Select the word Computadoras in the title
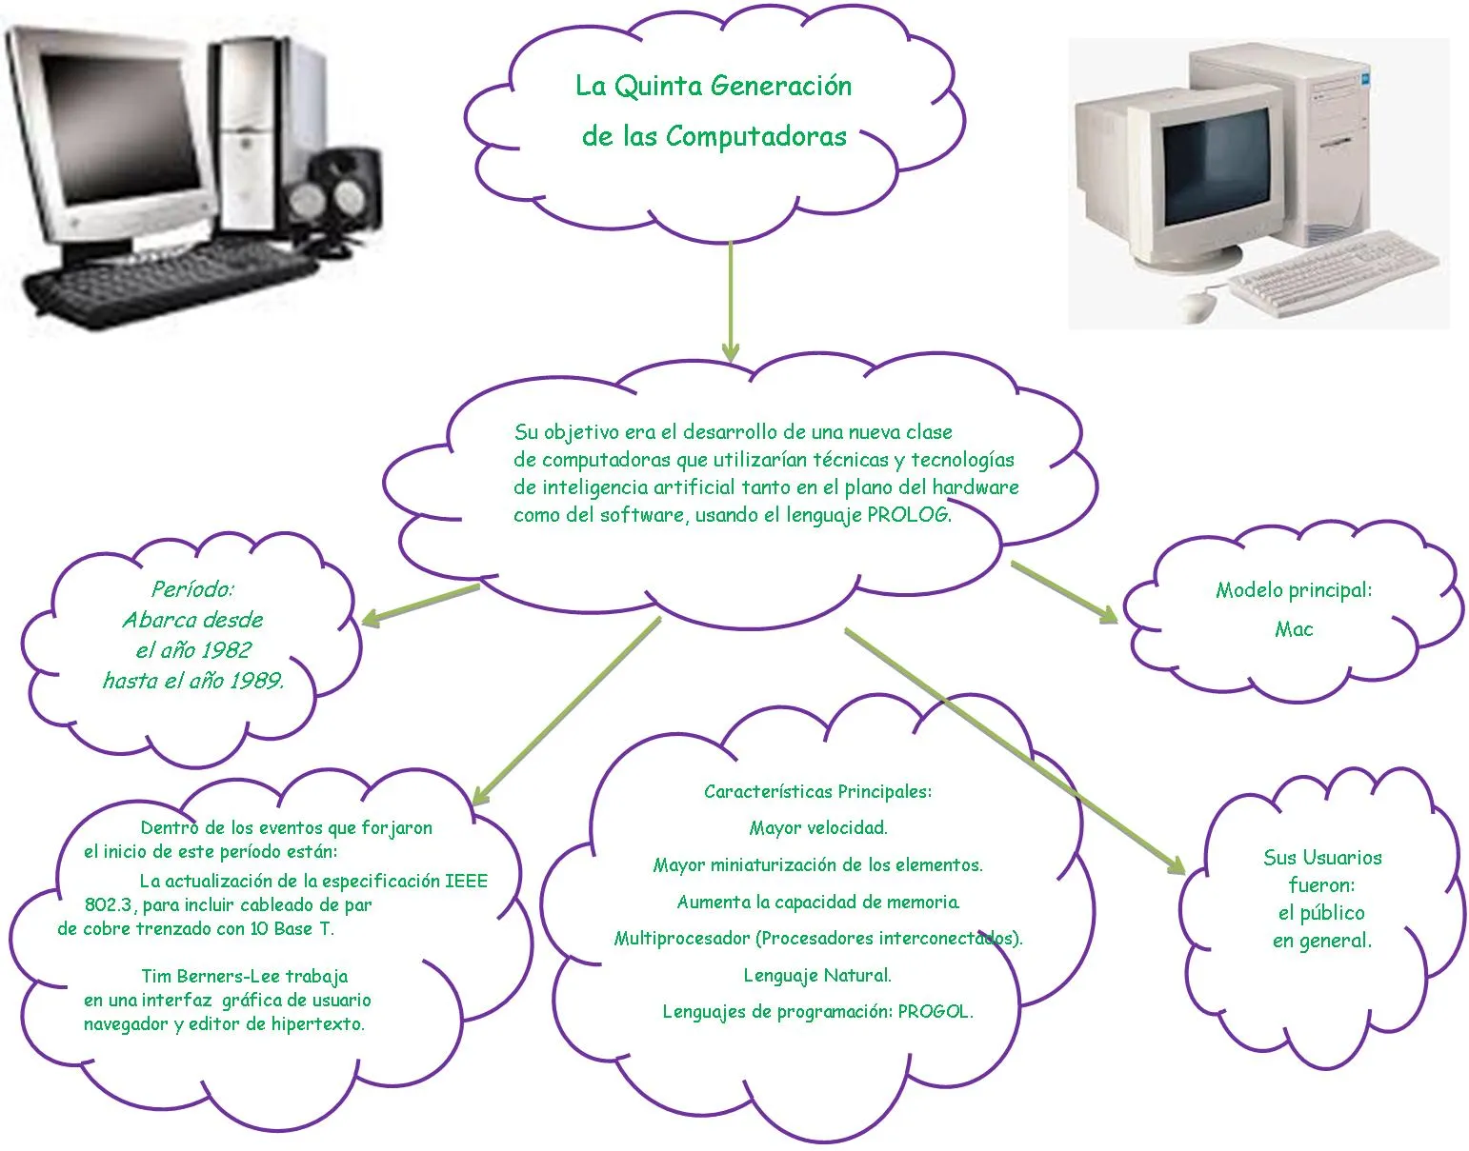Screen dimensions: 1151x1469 click(x=755, y=137)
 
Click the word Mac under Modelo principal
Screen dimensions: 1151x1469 click(x=1293, y=629)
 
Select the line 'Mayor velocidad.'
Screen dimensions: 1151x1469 click(x=817, y=828)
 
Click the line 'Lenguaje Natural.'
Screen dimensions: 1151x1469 click(x=816, y=976)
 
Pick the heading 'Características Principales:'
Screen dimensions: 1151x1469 click(x=816, y=792)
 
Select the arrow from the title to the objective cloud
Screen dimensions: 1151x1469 click(x=730, y=300)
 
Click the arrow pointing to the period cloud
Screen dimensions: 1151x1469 click(x=419, y=605)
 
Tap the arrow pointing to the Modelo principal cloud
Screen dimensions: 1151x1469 click(x=1064, y=592)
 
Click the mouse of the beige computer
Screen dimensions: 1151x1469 click(x=1198, y=306)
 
